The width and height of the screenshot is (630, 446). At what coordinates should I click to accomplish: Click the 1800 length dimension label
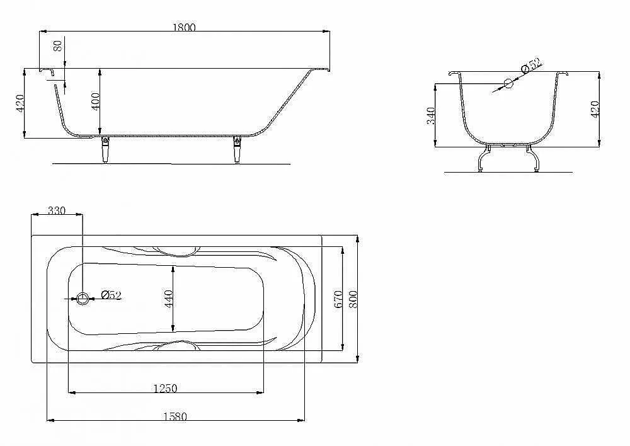click(x=184, y=27)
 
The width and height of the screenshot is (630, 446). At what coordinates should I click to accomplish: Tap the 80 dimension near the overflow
click(x=58, y=46)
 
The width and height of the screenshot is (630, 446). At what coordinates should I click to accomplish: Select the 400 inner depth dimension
click(x=95, y=102)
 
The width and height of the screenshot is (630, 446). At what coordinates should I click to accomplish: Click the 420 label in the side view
click(x=20, y=103)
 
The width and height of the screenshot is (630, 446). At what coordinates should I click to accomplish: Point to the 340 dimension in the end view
click(x=431, y=116)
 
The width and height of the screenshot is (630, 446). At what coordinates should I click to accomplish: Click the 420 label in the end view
click(x=595, y=109)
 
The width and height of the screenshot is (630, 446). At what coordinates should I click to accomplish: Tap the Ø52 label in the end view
click(x=532, y=66)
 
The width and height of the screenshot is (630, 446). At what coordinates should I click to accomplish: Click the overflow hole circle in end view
click(x=508, y=84)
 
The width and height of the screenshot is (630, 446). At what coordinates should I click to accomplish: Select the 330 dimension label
click(x=57, y=210)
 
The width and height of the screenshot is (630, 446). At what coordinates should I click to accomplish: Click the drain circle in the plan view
click(x=83, y=299)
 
